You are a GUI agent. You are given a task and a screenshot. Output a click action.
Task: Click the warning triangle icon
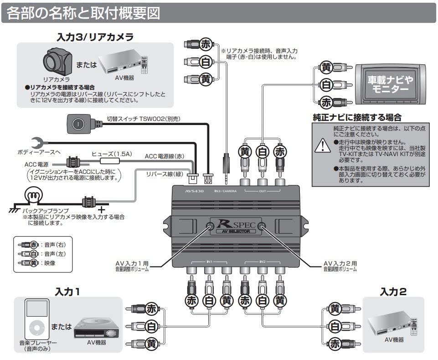tap(323, 145)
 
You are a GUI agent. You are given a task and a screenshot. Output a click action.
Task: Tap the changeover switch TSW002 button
tap(78, 123)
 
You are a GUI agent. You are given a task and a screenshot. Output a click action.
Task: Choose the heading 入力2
tap(393, 291)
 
